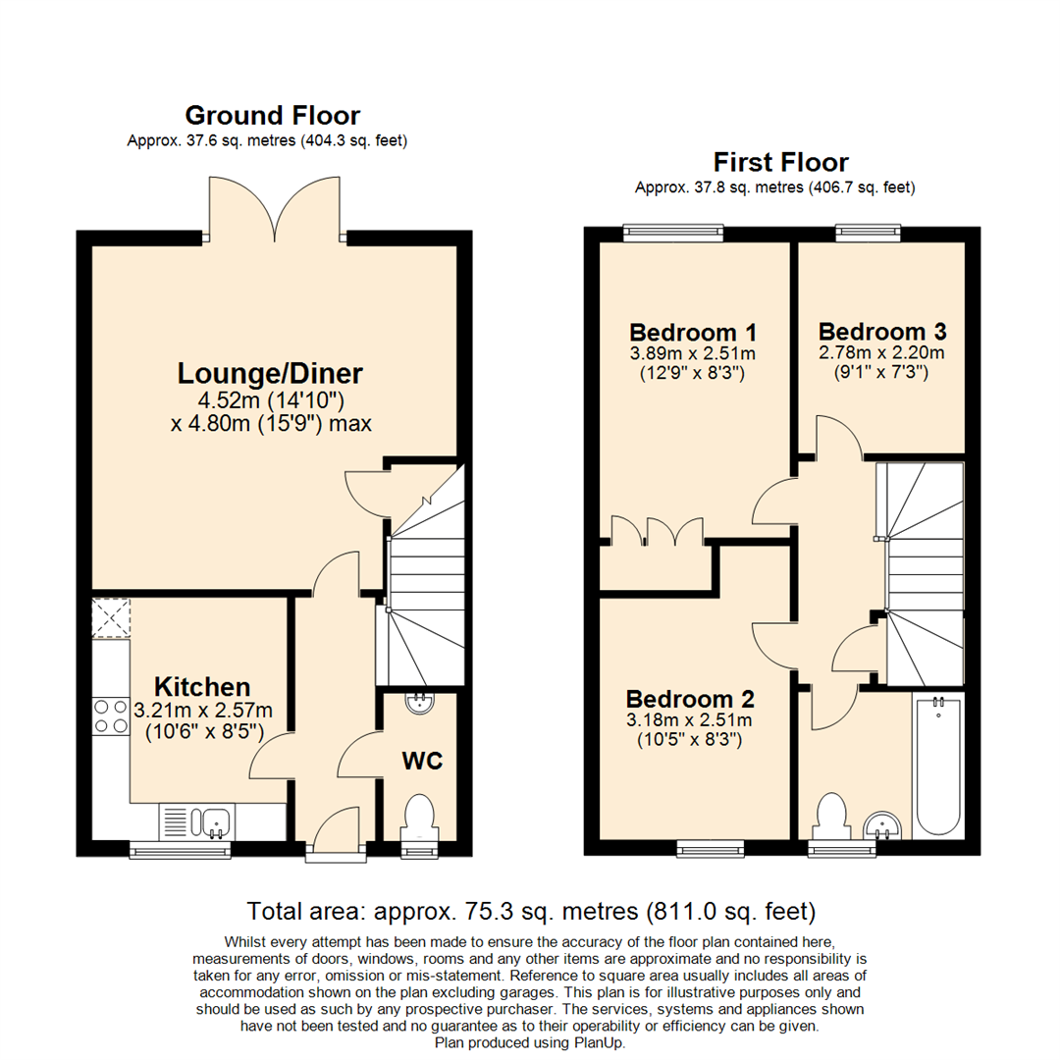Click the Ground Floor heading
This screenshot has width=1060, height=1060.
tap(273, 116)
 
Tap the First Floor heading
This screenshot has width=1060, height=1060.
tap(781, 162)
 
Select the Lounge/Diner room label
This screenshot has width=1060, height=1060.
tap(271, 373)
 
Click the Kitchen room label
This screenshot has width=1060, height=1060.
tap(202, 687)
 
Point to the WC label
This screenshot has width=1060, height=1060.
tap(422, 762)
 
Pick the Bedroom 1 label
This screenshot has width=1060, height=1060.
tap(693, 333)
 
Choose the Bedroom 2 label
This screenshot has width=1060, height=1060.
tap(690, 699)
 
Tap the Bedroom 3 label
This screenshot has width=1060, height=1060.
tap(882, 332)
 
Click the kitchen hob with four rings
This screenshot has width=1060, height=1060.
tap(111, 716)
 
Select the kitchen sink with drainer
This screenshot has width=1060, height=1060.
tap(196, 822)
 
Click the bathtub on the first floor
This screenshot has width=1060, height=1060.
tap(937, 766)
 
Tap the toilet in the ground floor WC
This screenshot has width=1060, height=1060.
tap(420, 819)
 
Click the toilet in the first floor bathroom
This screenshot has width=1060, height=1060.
tap(832, 817)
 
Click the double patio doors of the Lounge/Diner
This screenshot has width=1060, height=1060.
tap(275, 209)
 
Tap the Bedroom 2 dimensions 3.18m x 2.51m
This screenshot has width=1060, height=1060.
tap(689, 720)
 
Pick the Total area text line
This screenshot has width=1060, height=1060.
tap(531, 911)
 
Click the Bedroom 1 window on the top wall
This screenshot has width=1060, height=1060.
tap(673, 234)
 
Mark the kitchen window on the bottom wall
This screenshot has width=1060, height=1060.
tap(181, 850)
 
